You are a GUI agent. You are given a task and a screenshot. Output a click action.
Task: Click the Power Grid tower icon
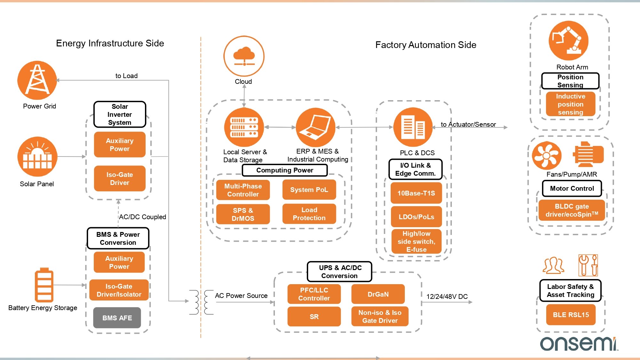(37, 80)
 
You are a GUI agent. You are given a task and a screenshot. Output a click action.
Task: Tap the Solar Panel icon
(37, 156)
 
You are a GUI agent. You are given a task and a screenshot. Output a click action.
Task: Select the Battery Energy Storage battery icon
(44, 285)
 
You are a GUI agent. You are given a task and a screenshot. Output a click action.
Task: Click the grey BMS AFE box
(117, 318)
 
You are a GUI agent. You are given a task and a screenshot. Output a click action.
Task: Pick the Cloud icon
(244, 56)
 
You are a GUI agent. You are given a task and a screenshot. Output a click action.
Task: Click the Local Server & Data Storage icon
(244, 127)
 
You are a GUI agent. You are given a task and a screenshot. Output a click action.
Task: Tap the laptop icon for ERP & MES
(316, 127)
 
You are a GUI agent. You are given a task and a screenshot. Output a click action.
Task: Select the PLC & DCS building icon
(413, 127)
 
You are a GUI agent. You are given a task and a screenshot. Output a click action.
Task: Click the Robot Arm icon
(568, 41)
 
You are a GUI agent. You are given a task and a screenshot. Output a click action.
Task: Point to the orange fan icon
(547, 156)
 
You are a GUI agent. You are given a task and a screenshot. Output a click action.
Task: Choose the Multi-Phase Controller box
(243, 190)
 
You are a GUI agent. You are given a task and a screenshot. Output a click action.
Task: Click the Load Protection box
(309, 214)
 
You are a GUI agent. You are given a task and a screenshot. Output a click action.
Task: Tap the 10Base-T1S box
(416, 193)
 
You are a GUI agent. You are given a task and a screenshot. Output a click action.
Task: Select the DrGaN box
(378, 294)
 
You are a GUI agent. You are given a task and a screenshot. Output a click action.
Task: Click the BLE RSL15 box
(571, 315)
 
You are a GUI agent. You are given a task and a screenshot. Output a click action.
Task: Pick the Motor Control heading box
(572, 188)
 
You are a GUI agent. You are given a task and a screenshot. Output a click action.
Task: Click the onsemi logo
(579, 344)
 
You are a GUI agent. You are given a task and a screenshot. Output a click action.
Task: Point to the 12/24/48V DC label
(447, 296)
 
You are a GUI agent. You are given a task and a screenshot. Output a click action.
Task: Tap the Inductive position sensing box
(571, 104)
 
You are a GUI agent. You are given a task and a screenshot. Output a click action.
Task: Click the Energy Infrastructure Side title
(110, 43)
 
